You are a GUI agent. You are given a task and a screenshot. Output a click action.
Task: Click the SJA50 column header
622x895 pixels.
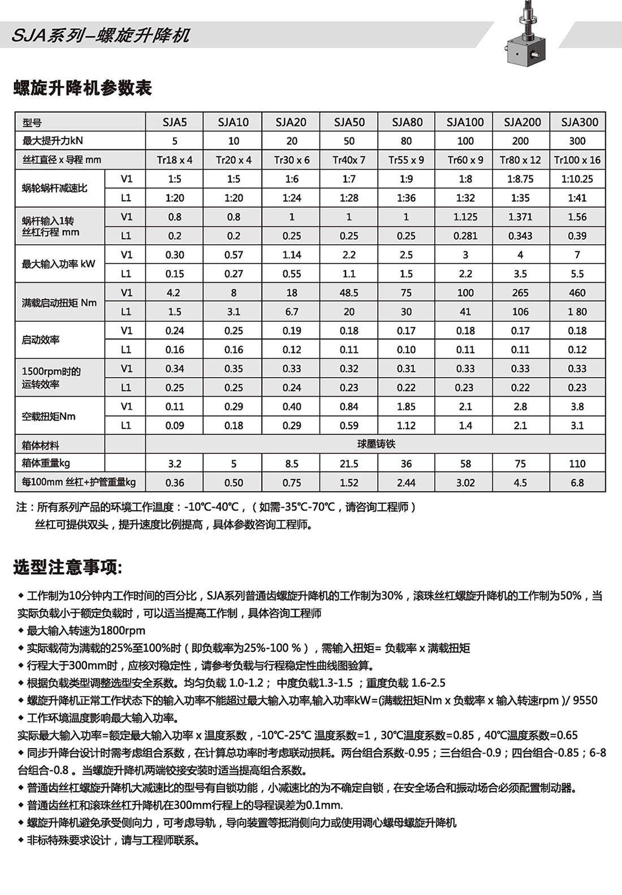tap(349, 122)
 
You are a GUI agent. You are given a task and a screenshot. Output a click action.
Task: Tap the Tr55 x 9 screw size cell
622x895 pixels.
tap(406, 160)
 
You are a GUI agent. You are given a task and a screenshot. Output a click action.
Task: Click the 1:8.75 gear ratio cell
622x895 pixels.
tap(520, 179)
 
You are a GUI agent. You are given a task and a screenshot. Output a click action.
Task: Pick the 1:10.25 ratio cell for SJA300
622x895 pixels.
tap(577, 179)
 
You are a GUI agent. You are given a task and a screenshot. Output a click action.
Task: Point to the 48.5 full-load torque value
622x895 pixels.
tap(349, 293)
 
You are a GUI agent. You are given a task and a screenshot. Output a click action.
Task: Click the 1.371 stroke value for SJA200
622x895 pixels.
tap(520, 217)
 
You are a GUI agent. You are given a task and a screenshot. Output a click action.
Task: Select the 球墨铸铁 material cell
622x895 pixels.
tap(376, 444)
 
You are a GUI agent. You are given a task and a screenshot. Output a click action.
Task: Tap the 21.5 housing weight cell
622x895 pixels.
tap(349, 464)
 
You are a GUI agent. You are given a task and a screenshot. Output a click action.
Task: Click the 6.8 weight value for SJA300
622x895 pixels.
tap(577, 483)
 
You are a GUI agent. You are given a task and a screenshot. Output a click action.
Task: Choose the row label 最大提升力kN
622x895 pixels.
tap(53, 141)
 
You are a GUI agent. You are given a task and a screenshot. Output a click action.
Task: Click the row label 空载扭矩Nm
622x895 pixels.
tap(49, 416)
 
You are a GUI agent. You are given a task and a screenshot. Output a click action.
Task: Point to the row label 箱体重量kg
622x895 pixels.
tap(46, 464)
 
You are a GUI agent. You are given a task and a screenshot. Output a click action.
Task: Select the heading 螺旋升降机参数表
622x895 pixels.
tap(83, 88)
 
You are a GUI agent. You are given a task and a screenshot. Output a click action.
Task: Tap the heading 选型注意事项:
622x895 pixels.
tap(67, 567)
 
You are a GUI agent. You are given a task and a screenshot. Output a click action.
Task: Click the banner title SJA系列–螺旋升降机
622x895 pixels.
tap(101, 36)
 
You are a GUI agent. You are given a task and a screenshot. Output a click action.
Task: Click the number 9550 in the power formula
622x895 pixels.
tap(585, 701)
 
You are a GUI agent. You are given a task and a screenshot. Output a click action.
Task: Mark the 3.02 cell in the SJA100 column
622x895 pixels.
tap(465, 483)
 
